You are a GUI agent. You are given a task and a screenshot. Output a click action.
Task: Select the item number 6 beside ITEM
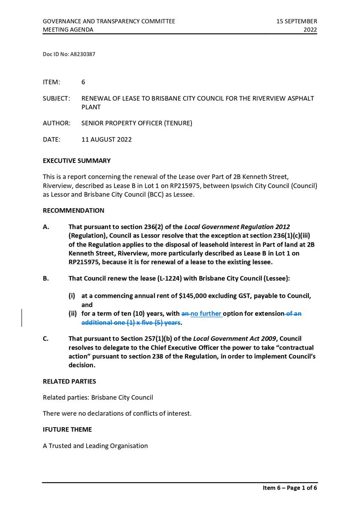83,82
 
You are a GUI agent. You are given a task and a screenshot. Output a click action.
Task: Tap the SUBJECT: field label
56,99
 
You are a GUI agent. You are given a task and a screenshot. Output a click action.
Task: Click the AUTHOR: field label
56,123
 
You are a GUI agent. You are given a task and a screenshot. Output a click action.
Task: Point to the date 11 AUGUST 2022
106,140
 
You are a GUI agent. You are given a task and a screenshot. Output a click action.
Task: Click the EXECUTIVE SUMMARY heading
76,161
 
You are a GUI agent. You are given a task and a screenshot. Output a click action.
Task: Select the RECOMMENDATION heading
73,210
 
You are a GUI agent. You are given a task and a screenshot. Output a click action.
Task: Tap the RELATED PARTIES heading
69,381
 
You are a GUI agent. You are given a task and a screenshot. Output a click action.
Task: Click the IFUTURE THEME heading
67,430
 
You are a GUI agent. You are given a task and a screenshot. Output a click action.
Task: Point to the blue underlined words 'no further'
206,314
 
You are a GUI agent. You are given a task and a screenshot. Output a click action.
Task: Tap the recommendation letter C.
45,339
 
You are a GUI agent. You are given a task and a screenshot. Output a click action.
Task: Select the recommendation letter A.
45,227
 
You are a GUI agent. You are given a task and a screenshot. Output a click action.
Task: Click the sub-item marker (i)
73,296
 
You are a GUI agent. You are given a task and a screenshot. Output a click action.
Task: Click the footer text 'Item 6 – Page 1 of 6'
290,488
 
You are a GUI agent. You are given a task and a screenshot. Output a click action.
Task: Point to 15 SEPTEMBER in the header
297,21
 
